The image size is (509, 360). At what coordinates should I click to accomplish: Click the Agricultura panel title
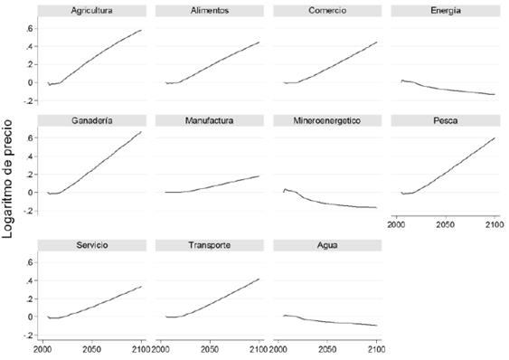[x=91, y=11]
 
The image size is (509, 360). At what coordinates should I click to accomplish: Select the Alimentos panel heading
[x=209, y=11]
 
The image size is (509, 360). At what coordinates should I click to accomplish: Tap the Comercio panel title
[x=326, y=11]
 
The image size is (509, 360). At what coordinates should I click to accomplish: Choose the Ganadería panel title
[x=91, y=120]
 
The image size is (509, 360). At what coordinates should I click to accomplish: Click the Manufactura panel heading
[x=209, y=120]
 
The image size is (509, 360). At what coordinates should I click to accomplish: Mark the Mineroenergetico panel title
[x=326, y=120]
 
